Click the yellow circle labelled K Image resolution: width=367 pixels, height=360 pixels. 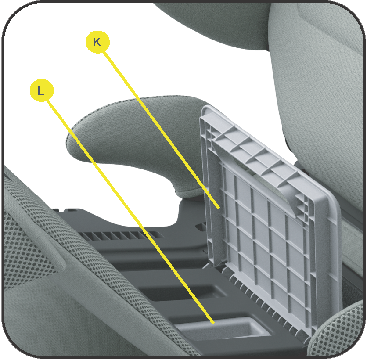[97, 42]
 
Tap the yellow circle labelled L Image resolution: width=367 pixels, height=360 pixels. [42, 90]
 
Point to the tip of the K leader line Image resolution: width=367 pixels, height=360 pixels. [219, 208]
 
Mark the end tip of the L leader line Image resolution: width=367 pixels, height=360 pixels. [213, 323]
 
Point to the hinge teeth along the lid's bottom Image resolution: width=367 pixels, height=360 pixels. [264, 302]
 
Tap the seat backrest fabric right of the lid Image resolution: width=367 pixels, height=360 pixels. [320, 94]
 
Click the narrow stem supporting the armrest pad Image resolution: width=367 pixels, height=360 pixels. [187, 191]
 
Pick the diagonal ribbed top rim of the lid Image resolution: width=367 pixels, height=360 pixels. [255, 150]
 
